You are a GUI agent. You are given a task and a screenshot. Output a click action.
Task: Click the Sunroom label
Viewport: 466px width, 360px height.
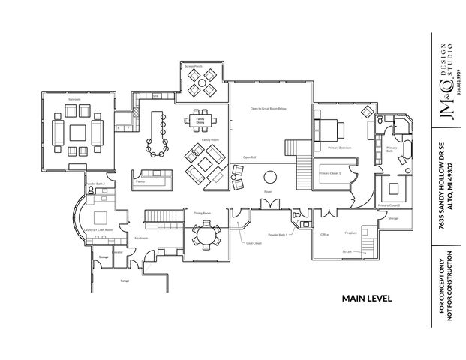(x=74, y=98)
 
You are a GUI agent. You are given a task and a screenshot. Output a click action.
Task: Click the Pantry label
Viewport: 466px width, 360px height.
(x=140, y=181)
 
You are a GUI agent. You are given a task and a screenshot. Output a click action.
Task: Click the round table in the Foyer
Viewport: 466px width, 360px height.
(x=269, y=178)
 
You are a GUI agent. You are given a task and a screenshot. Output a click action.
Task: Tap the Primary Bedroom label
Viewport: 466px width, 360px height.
(x=339, y=148)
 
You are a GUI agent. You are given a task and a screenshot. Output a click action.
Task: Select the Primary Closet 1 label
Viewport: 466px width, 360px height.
(x=330, y=173)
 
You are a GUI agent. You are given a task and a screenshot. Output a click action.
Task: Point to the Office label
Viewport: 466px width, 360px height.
(x=325, y=234)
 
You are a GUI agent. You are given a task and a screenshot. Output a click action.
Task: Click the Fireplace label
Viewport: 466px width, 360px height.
(x=350, y=232)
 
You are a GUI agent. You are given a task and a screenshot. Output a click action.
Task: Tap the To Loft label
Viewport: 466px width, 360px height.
(x=347, y=251)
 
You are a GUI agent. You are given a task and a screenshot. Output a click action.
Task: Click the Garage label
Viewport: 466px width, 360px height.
(x=125, y=280)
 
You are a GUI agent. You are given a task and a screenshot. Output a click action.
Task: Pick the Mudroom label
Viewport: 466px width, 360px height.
(x=141, y=238)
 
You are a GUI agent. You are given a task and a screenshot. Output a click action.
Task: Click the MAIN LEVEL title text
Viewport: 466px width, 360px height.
(x=367, y=298)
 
